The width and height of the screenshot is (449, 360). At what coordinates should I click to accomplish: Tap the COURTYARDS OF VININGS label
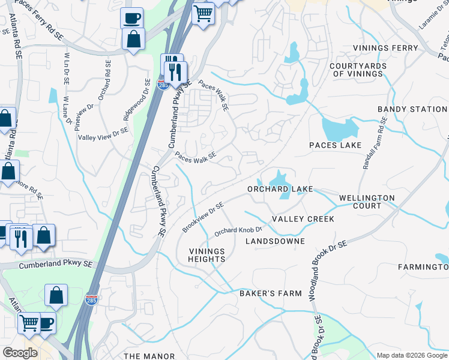358,69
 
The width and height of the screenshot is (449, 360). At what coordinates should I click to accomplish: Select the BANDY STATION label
412,109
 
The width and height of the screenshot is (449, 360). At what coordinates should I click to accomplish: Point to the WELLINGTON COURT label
367,202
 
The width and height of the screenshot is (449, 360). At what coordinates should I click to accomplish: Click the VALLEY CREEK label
303,219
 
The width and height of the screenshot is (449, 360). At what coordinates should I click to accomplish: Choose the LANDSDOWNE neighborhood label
275,241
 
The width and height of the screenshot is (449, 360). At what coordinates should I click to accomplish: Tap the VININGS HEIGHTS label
207,255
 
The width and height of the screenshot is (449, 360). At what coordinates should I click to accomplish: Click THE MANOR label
149,356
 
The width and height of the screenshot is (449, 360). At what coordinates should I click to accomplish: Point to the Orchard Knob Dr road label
239,230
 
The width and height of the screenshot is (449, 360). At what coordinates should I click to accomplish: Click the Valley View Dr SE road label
103,134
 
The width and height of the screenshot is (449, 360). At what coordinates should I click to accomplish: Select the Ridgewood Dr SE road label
136,99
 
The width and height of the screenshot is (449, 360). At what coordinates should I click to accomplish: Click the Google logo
19,352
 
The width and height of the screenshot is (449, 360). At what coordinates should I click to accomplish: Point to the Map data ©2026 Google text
411,355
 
